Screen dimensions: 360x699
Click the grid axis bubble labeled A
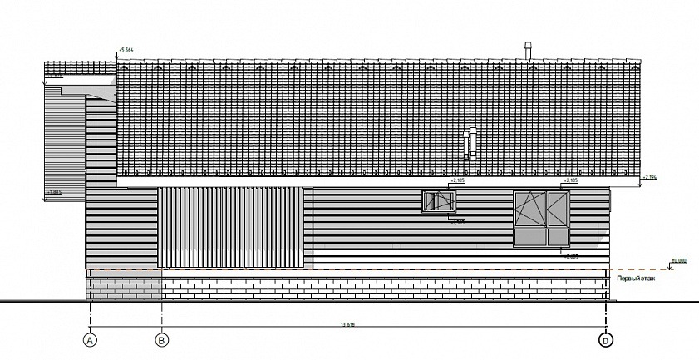point(90,339)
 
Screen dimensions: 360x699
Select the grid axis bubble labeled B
point(162,339)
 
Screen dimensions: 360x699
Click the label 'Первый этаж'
point(635,279)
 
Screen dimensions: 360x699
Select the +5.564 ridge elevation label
point(127,51)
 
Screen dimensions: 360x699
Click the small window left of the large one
point(440,202)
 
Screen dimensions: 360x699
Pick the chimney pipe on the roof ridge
point(525,50)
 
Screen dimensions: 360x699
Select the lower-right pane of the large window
point(554,237)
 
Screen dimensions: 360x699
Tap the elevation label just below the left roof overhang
point(55,77)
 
